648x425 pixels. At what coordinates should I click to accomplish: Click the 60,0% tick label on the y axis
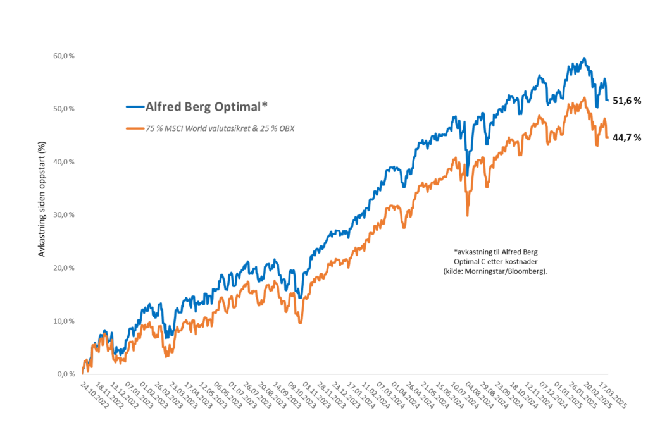(64, 56)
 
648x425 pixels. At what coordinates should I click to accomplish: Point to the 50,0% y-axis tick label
(64, 109)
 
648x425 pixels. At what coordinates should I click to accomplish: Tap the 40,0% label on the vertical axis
(64, 162)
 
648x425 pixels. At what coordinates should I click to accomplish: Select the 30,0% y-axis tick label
(64, 215)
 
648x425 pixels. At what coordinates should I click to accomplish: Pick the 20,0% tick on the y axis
(64, 268)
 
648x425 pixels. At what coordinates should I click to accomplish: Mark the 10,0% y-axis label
(64, 321)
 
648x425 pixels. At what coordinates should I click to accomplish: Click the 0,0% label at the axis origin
(66, 374)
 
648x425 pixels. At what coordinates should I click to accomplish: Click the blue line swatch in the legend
(134, 106)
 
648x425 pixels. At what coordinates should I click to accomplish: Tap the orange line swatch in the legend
(134, 128)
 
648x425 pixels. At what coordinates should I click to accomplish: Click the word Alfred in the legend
(162, 106)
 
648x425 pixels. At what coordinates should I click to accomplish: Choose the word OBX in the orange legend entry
(289, 128)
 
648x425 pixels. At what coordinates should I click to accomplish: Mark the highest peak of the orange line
(583, 97)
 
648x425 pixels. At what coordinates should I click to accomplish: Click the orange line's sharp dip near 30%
(468, 216)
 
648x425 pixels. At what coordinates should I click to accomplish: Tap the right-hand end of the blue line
(607, 101)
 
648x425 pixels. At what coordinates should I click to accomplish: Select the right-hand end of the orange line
(607, 137)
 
